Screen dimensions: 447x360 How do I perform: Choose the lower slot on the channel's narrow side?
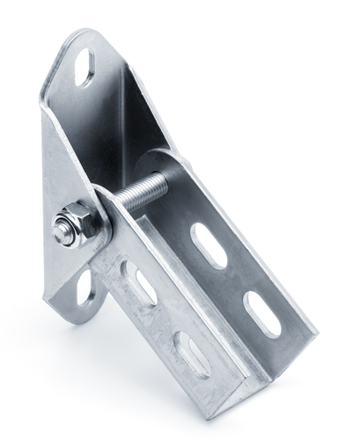(190, 353)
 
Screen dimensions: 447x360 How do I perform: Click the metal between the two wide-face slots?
(235, 279)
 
